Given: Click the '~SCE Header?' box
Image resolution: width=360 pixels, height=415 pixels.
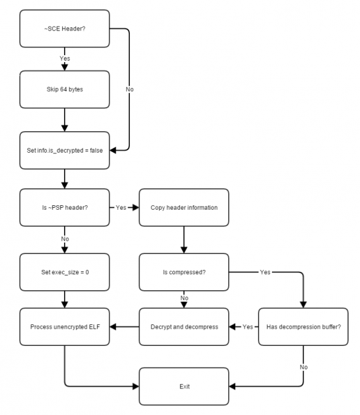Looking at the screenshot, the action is coord(65,29).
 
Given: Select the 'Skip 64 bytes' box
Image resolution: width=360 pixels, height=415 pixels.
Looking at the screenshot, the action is coord(65,89).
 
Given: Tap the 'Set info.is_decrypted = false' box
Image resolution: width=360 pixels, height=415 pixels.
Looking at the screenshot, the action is coord(65,150).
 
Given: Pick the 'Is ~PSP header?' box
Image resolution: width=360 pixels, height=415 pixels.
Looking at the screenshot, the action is coord(65,208).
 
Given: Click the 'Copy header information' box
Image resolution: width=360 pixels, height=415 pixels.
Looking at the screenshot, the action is coord(184,208).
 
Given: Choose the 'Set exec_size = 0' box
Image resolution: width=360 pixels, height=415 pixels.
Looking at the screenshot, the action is coord(65,272).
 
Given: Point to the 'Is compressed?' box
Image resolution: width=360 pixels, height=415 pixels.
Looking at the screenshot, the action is coord(184,272).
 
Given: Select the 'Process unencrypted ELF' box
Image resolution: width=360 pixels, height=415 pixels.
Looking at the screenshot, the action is coord(65,327).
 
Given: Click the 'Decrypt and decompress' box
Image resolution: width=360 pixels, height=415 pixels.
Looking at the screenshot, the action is coord(184,327).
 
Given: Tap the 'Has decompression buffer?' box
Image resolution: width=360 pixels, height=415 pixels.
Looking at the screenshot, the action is coord(304,327).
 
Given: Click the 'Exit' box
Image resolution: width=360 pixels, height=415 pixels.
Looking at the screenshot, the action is coord(184,386).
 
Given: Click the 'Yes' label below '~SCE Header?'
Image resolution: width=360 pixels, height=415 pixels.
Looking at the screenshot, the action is coord(65,58).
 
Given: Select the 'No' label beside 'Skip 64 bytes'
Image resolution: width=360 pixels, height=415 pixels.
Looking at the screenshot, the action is coord(129,89).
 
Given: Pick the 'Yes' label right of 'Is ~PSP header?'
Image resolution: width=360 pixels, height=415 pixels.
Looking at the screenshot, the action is coord(121,208).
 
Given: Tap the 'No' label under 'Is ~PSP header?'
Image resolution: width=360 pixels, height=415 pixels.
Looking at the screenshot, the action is coord(65,239).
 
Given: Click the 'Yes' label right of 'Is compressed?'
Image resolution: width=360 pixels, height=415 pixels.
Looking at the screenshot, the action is coord(265,272).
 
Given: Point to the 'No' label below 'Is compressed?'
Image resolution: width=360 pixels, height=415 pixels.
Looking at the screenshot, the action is coord(184,298).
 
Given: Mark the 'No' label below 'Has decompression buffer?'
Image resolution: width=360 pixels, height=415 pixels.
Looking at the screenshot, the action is coord(304,367).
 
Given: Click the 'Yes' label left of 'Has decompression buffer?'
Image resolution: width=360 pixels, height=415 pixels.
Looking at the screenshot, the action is coord(248,327).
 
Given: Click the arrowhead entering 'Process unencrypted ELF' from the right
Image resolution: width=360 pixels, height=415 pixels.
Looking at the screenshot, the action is coord(113,327).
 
